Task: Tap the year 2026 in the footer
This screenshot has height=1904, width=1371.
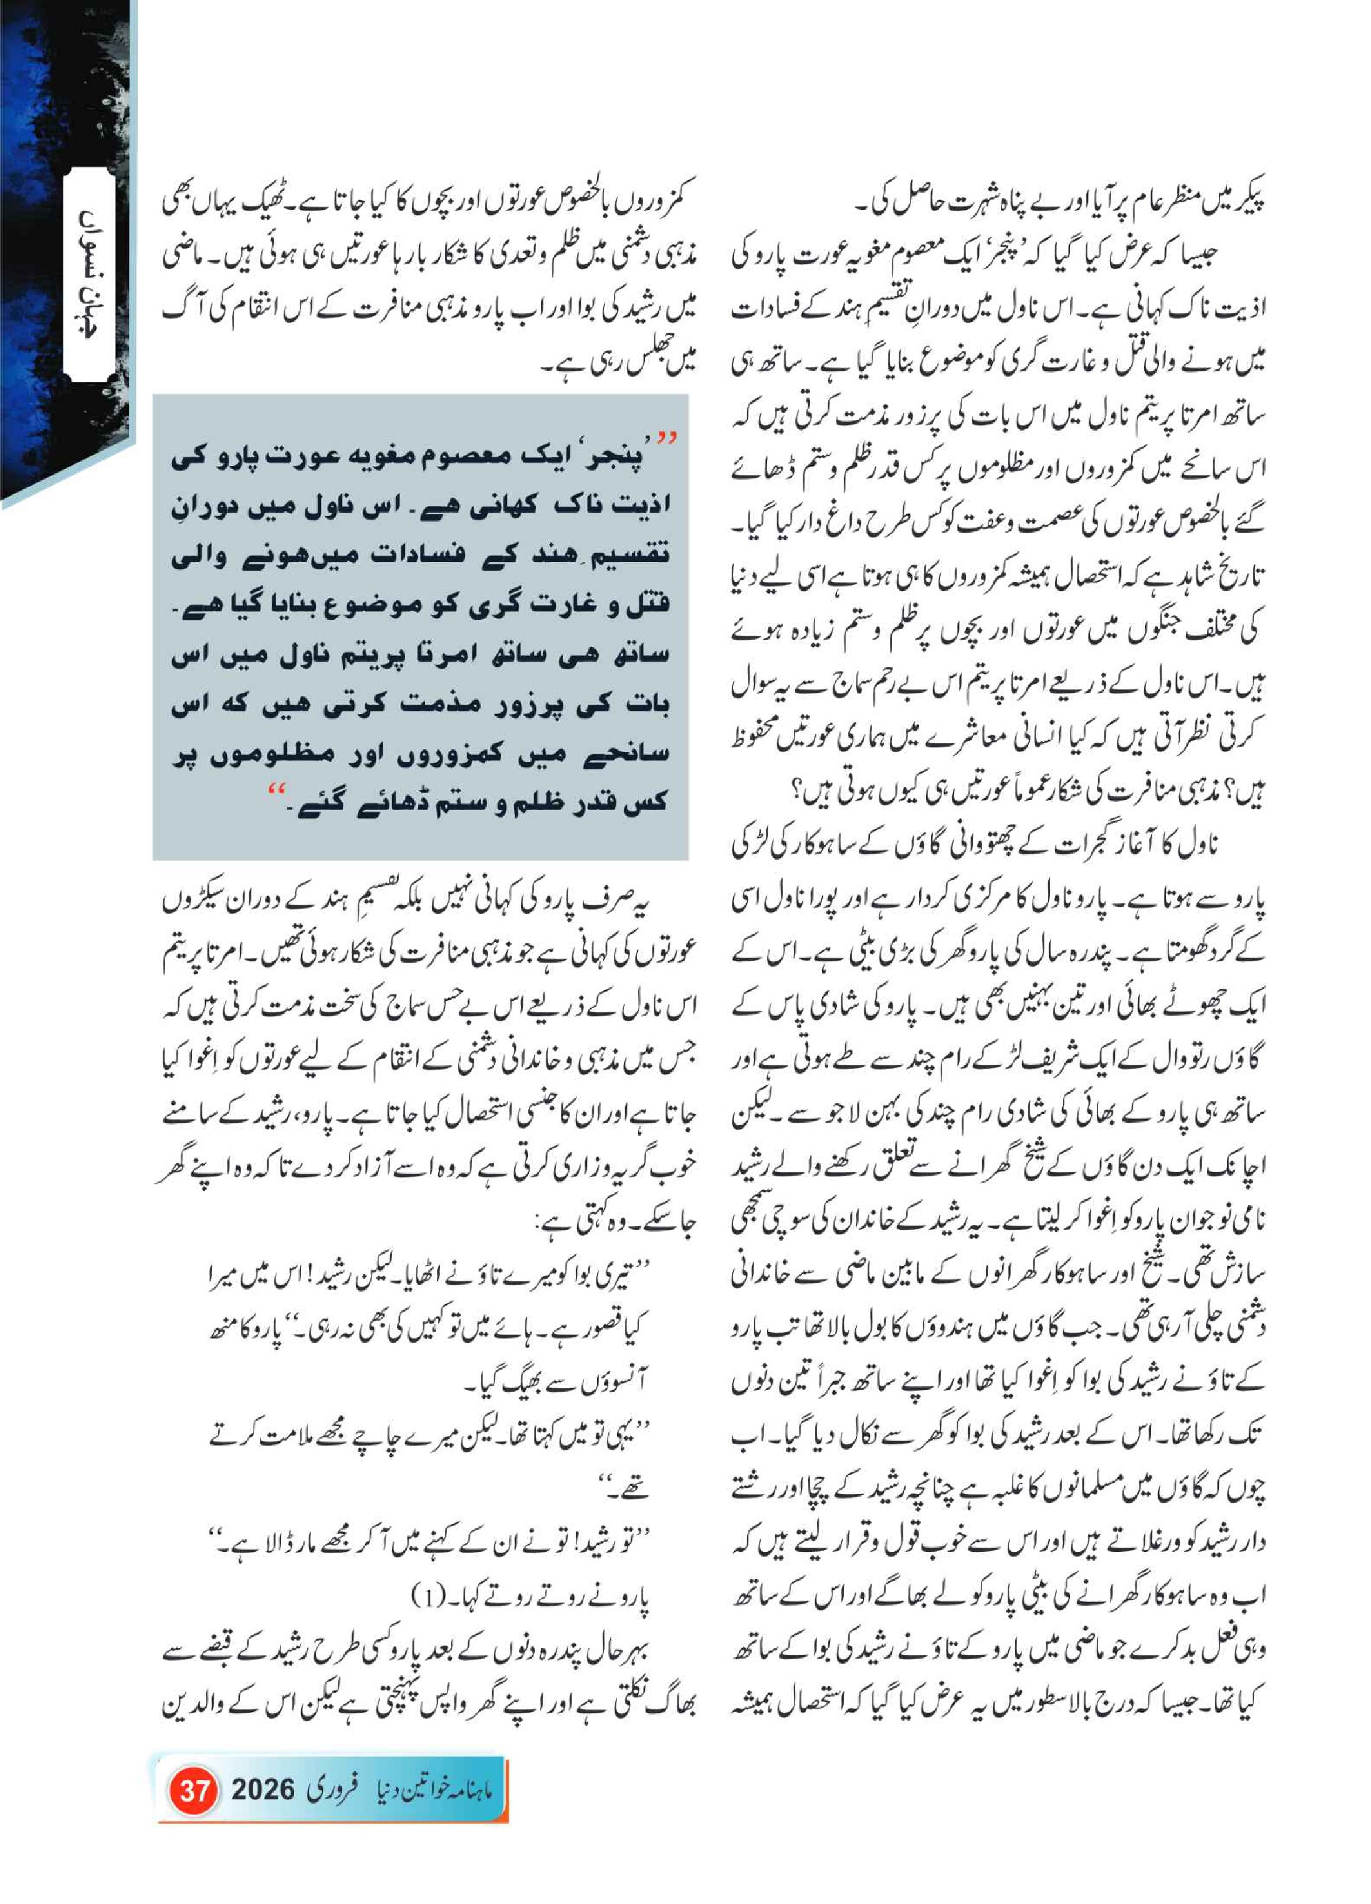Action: (264, 1791)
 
